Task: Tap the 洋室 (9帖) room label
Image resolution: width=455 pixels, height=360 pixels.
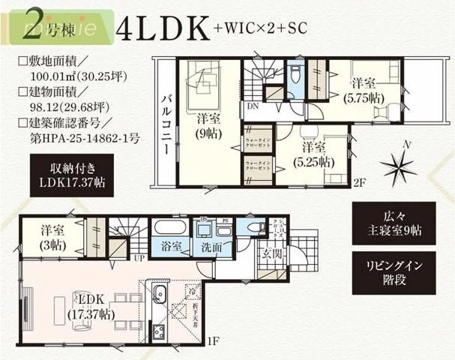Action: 205,124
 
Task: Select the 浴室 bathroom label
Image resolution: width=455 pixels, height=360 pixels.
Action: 167,244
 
